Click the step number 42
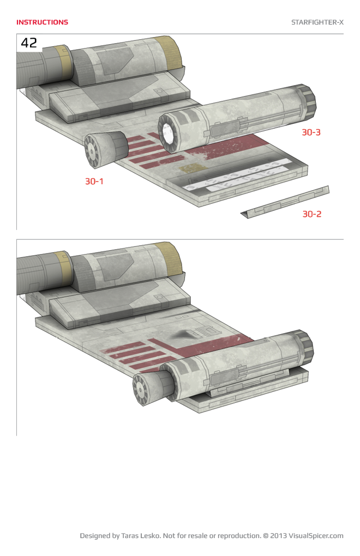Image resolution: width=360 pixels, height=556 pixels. [29, 43]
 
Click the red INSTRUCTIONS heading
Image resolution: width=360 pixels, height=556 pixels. [42, 22]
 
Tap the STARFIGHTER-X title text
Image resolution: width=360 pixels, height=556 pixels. [317, 22]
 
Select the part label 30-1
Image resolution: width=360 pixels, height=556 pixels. [94, 182]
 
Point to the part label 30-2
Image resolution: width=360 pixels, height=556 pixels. [311, 214]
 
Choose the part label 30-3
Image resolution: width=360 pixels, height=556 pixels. [311, 132]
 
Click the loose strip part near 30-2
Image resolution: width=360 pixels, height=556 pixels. [286, 202]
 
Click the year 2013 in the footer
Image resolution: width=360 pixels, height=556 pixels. [278, 536]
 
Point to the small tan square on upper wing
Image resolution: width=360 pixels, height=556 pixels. [189, 168]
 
